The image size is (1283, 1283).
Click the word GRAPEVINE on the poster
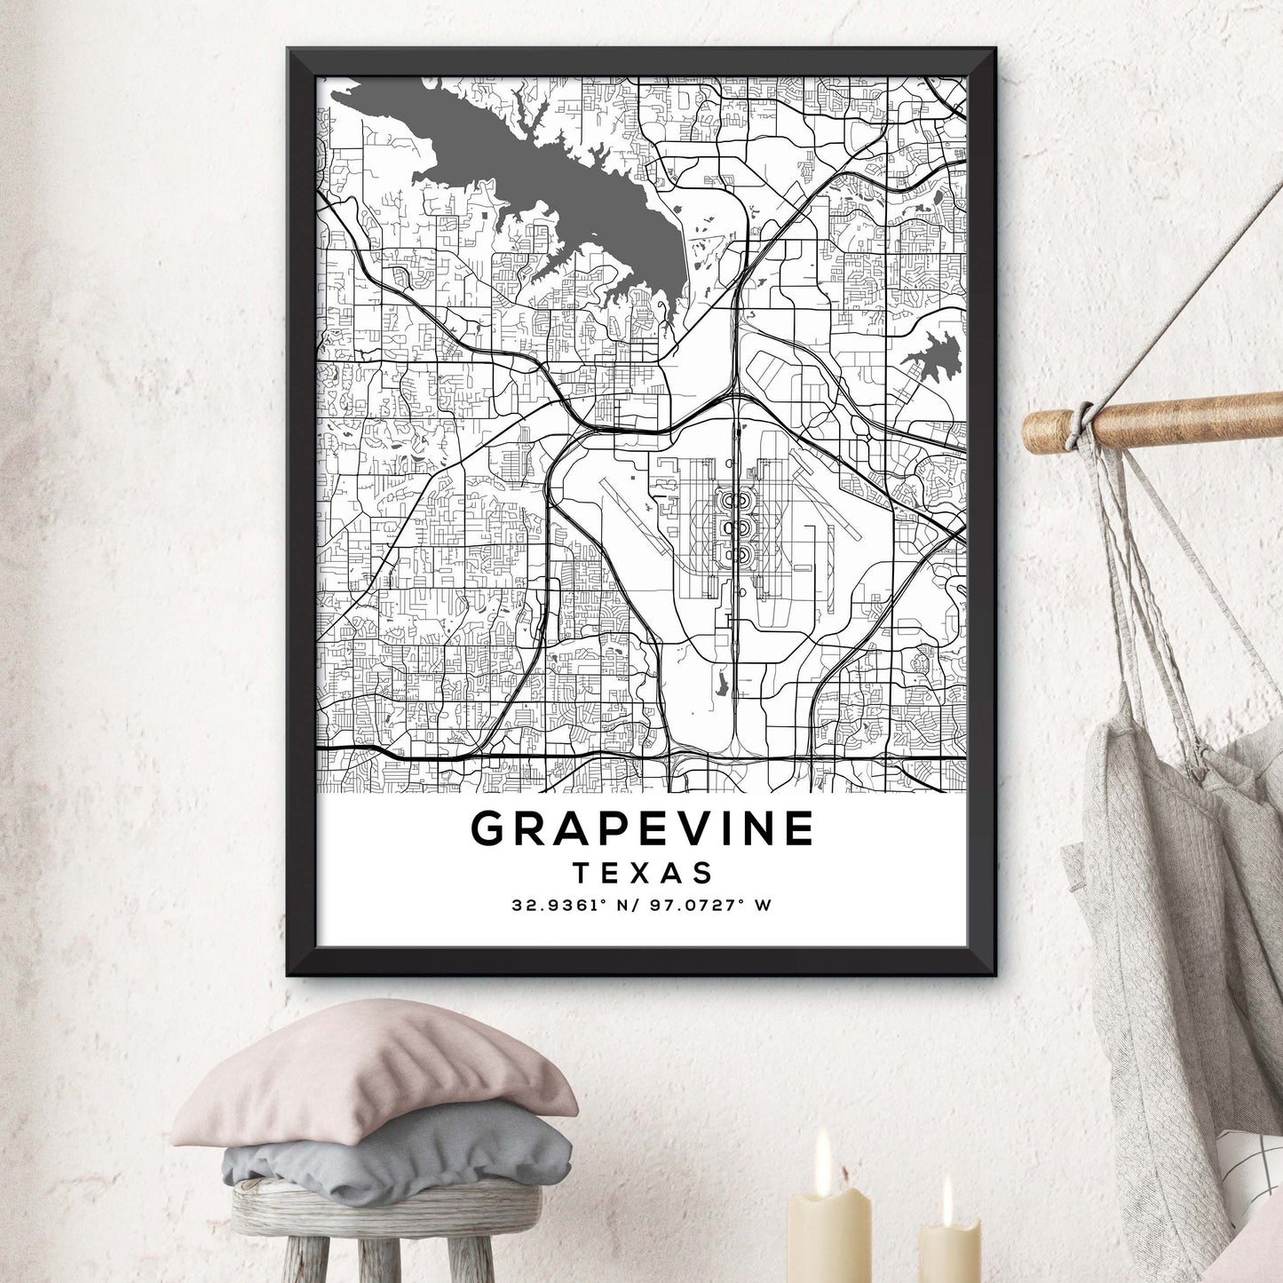pos(642,828)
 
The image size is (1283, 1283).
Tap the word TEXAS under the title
pos(643,873)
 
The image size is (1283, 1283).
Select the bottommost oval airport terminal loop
pos(736,556)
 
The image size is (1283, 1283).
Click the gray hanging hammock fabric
pos(1154,932)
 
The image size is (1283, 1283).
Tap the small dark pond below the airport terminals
pos(721,682)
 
